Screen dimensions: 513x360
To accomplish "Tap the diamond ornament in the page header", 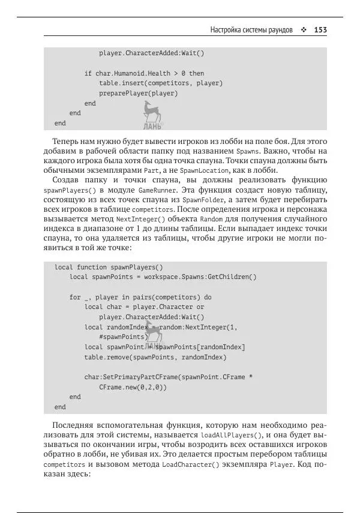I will point(304,29).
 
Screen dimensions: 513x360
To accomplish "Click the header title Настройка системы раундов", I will point(251,29).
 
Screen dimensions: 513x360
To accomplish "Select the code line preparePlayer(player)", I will point(139,93).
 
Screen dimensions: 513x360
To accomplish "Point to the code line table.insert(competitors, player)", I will point(161,83).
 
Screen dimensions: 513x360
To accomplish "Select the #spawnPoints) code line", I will point(124,337).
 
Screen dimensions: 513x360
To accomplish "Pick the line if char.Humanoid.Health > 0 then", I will point(144,73).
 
